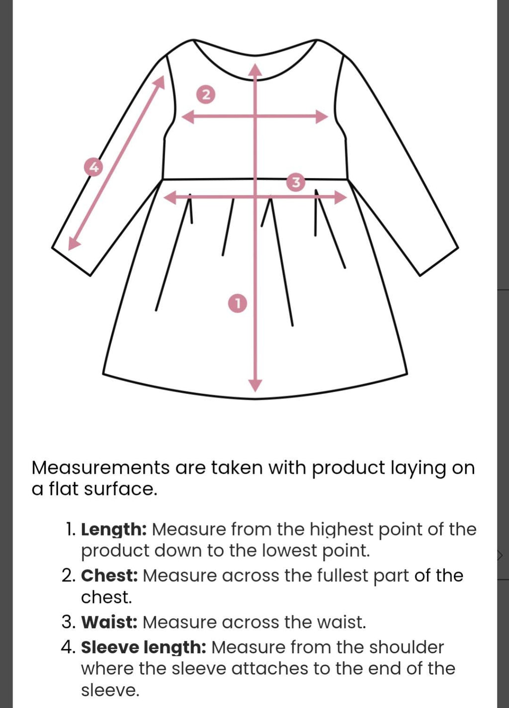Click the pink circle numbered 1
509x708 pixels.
[238, 303]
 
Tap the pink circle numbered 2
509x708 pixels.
[206, 94]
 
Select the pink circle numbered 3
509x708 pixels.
[296, 182]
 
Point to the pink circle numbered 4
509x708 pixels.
[93, 167]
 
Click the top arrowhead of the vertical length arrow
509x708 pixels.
[255, 70]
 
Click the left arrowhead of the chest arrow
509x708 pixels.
[188, 117]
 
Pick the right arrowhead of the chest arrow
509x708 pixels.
[322, 117]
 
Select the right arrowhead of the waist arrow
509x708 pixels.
[340, 198]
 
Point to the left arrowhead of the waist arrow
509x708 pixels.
[169, 198]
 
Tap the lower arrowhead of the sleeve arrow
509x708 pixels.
[73, 243]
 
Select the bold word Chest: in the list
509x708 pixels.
[109, 576]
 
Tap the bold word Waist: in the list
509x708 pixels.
[109, 622]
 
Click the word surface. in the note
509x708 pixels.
[121, 489]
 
